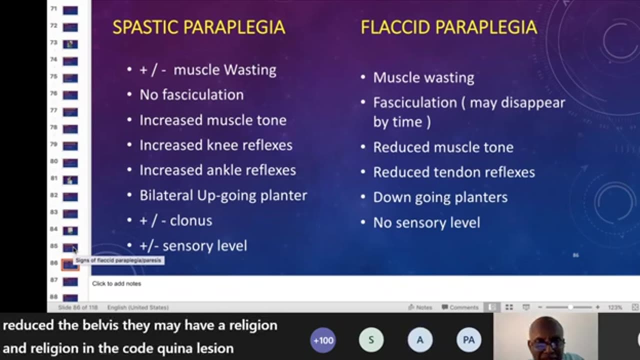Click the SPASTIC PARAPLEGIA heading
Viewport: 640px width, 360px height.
198,27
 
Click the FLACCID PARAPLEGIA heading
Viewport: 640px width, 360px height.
449,27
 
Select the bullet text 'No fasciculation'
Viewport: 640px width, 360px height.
191,95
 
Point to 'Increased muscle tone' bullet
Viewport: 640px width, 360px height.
212,120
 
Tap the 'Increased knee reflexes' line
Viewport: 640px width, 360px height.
215,145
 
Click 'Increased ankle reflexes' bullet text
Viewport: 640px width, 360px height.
217,170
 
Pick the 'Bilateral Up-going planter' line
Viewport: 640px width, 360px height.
223,195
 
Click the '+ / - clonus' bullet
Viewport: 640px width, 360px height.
175,220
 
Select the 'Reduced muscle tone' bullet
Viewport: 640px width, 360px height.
443,147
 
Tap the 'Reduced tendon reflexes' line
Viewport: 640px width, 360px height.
454,172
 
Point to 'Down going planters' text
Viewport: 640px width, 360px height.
440,197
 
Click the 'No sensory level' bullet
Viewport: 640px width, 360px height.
426,222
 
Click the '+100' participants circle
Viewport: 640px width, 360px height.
323,340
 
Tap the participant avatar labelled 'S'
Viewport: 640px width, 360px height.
371,340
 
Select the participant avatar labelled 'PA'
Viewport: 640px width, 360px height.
468,340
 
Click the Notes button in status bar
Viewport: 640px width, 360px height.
420,307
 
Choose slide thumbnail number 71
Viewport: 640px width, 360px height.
70,10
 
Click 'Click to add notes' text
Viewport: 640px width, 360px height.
116,283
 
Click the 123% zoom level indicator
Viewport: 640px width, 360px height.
615,307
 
